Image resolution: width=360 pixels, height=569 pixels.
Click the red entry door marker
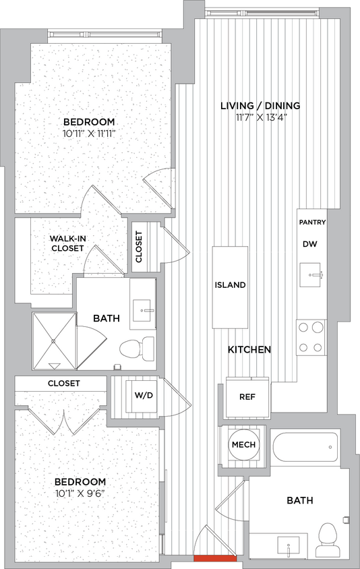coord(214,558)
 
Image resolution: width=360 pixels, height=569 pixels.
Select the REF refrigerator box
coord(247,396)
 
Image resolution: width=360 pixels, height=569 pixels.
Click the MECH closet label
coord(243,446)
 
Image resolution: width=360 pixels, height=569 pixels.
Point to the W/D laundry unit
coord(144,395)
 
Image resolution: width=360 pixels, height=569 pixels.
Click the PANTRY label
coord(312,222)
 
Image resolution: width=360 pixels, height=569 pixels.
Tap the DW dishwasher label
coord(310,244)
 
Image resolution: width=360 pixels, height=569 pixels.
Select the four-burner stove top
coord(311,337)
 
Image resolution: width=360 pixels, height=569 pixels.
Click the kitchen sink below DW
coord(311,276)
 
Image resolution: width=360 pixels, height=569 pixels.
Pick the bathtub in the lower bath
coord(305,446)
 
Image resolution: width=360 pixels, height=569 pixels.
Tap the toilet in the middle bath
coord(133,349)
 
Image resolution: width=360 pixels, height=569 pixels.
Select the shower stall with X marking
coord(53,341)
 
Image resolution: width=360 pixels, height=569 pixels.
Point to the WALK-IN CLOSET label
coord(67,243)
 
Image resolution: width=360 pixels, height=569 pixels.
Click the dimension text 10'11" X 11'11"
coord(89,133)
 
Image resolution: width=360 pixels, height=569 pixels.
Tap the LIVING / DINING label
coord(260,106)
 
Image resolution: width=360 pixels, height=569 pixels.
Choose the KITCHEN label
coord(249,350)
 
